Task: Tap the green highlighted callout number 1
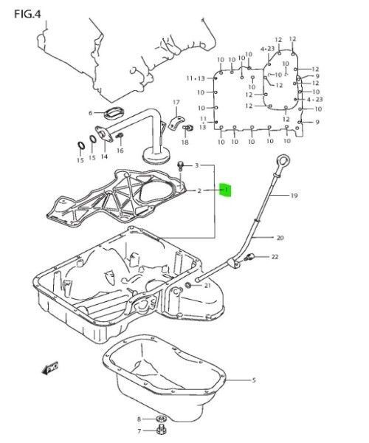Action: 227,190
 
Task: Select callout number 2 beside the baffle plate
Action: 198,190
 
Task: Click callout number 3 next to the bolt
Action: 196,166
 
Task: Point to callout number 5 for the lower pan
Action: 253,380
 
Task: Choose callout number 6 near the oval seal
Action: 91,113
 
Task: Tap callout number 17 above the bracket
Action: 176,101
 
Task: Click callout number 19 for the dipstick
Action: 294,196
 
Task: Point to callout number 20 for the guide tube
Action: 280,238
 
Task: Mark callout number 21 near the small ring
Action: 207,285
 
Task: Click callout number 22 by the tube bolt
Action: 275,257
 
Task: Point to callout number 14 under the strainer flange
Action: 104,157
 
